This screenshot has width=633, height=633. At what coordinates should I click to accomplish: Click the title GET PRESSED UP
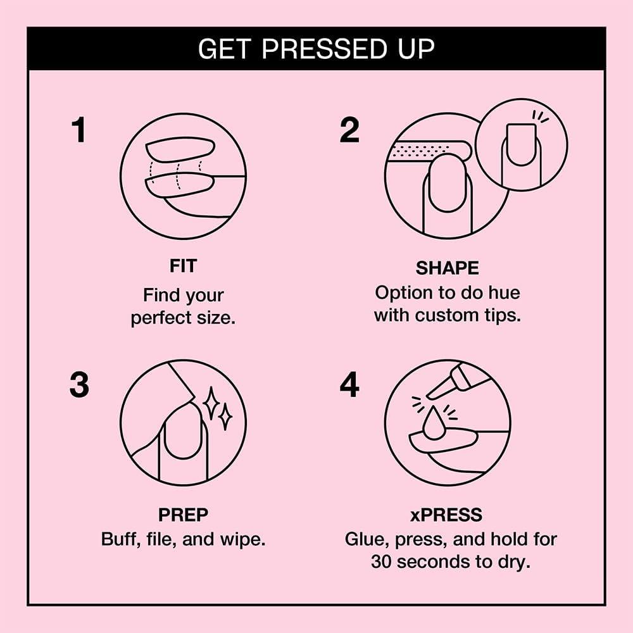[x=316, y=49]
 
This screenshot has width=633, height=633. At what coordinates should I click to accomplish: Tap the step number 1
[x=78, y=130]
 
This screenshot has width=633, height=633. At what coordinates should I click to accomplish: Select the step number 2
[x=349, y=130]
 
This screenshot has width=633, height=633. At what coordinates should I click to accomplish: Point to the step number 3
[x=78, y=385]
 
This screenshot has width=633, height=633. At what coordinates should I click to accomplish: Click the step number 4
[x=349, y=385]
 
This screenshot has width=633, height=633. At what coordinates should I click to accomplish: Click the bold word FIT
[x=183, y=266]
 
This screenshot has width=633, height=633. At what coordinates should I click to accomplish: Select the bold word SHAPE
[x=447, y=268]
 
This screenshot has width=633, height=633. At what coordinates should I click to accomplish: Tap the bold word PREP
[x=183, y=516]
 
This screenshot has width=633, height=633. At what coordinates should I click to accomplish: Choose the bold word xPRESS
[x=447, y=516]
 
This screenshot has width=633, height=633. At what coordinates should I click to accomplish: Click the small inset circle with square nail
[x=521, y=144]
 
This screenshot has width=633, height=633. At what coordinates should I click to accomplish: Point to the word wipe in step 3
[x=242, y=540]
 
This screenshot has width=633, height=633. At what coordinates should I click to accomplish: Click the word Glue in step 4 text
[x=367, y=540]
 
